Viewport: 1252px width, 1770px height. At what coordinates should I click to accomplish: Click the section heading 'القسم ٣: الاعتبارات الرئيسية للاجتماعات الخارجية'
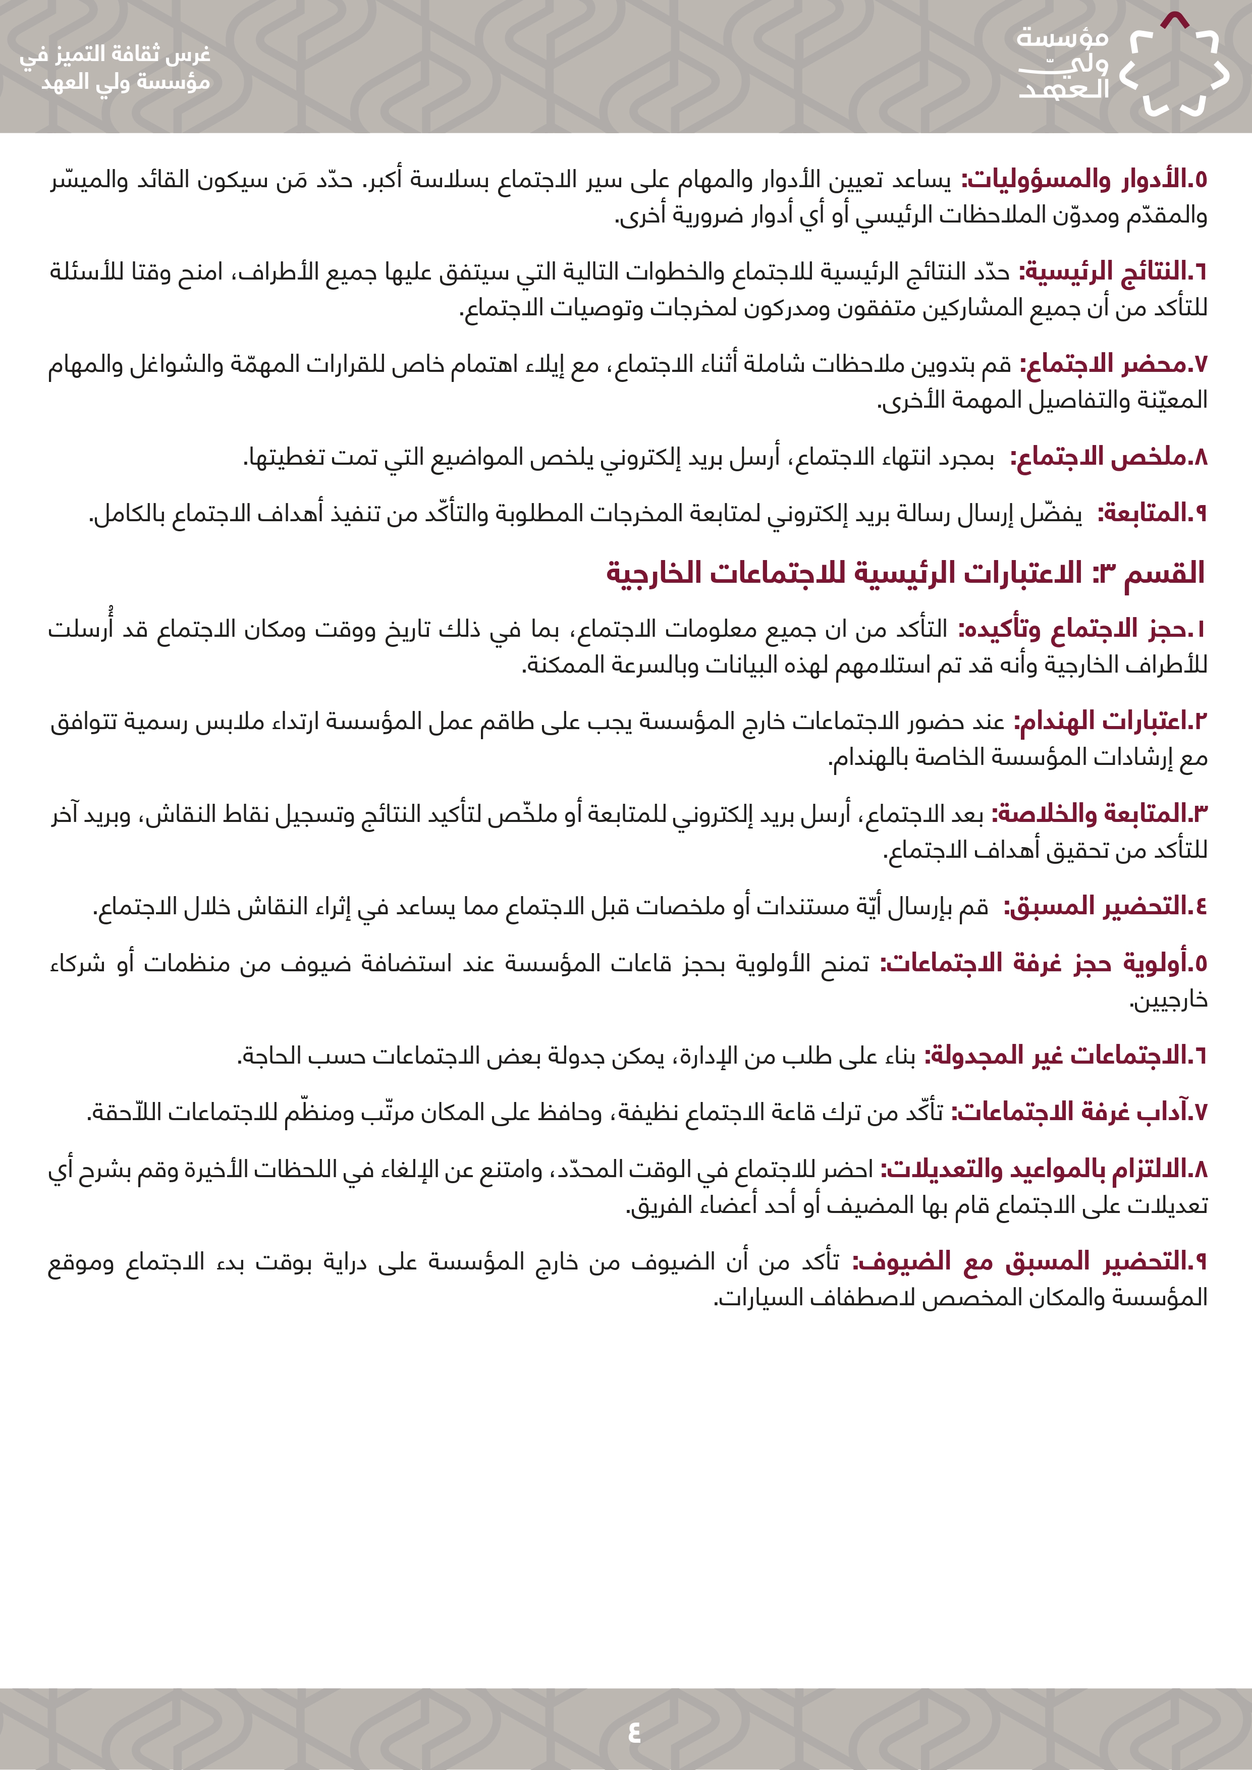click(x=905, y=573)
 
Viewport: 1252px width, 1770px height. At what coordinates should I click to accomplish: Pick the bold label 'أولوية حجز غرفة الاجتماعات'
click(x=1041, y=963)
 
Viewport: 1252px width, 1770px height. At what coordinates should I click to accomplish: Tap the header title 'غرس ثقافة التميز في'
click(x=116, y=54)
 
